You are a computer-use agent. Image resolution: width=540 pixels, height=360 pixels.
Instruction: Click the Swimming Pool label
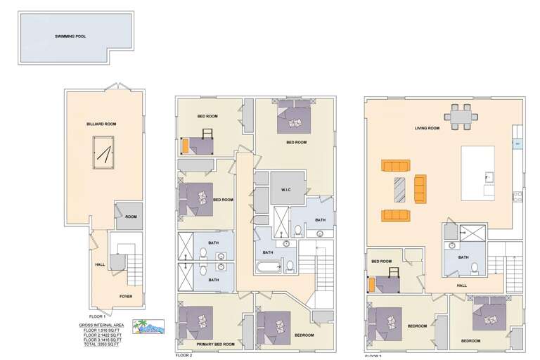pos(70,35)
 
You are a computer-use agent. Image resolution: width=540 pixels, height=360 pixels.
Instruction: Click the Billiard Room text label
pos(101,124)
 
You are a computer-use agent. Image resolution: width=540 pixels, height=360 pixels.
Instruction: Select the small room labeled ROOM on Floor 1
pos(131,217)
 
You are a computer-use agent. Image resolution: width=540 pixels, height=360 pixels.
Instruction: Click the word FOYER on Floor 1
pos(125,296)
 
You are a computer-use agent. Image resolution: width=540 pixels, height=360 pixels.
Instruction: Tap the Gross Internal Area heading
pos(102,325)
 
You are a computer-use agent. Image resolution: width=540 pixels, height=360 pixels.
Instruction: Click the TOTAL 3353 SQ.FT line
pos(102,345)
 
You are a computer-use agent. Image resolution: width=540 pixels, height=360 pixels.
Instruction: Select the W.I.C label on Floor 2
pos(286,188)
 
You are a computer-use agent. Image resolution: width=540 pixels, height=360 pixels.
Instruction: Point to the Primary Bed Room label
pos(215,345)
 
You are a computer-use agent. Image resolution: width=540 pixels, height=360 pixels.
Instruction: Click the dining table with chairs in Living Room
pos(461,117)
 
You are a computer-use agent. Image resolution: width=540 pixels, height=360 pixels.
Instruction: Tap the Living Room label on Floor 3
pos(427,128)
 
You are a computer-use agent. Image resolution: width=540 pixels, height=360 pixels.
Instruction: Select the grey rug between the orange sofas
pos(399,190)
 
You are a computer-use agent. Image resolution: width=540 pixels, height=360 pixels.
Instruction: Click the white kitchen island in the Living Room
pos(477,172)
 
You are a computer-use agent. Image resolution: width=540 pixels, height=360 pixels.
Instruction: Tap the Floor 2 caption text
pos(183,356)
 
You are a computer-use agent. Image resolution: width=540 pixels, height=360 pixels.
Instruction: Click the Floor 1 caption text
pos(96,316)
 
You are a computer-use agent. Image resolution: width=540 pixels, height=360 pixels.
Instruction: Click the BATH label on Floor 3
pos(463,257)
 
